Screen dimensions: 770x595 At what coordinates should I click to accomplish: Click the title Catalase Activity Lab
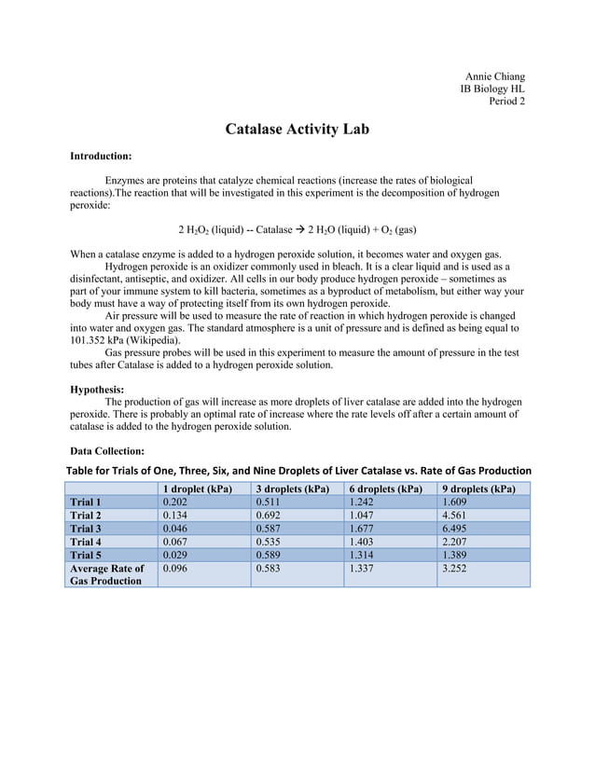pos(297,129)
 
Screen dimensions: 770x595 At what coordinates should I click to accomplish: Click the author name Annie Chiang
pos(494,76)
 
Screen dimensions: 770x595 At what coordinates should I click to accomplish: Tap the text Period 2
pos(506,102)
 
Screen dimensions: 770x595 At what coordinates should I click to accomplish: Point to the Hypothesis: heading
pos(98,390)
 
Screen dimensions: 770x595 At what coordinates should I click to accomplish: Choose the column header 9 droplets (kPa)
pos(478,488)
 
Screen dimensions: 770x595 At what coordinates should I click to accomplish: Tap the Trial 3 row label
pos(86,528)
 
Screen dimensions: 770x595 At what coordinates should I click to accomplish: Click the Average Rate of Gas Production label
pos(107,574)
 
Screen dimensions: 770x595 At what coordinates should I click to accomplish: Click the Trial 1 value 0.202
pos(176,502)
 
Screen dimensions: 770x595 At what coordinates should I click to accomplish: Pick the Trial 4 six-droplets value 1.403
pos(363,541)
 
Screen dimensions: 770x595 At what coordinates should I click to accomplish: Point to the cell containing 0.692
pos(270,515)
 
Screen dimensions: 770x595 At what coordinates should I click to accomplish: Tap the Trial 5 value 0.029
pos(176,554)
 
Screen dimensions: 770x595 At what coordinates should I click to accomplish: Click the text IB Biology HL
pos(492,89)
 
